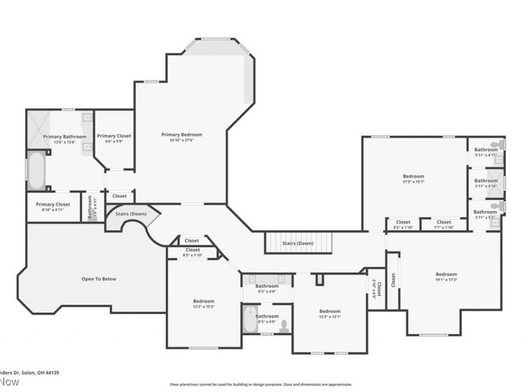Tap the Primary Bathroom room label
coord(65,137)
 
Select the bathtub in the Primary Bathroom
coord(36,171)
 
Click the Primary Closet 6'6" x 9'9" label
coord(114,136)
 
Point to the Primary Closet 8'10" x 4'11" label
coord(54,204)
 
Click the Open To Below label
coord(99,279)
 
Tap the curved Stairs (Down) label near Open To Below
coord(130,214)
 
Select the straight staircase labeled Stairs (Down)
coord(298,243)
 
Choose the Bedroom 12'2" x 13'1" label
coord(330,311)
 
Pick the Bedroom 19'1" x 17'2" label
coord(446,274)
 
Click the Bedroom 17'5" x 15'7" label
coord(413,176)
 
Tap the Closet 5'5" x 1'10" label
coord(403,222)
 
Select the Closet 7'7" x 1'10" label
coord(444,222)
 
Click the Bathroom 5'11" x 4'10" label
coord(485,181)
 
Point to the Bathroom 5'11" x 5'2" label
coord(485,212)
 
